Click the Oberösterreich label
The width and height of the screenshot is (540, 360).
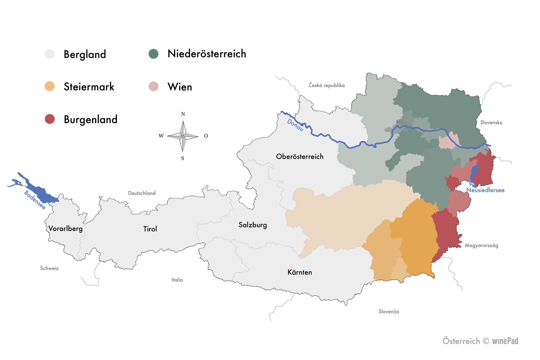[300, 157]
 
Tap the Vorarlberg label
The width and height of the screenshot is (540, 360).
[65, 229]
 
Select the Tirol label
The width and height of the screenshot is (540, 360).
[150, 229]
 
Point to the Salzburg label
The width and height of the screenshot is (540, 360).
[253, 225]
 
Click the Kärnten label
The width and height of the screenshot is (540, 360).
[300, 272]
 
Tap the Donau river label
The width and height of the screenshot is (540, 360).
[295, 125]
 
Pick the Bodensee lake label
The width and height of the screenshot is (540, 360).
[35, 200]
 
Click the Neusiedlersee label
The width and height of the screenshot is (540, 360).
[485, 190]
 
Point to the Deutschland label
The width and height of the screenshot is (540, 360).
[142, 193]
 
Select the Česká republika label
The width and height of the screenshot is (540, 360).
[327, 85]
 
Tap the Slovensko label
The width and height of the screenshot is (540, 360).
[491, 122]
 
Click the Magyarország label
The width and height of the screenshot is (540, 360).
[481, 245]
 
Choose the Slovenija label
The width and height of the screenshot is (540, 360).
[389, 311]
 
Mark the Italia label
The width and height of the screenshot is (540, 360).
[177, 280]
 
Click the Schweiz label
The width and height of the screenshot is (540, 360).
[49, 268]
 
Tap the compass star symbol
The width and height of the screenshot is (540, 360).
[183, 136]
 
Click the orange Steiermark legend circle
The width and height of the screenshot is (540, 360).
[50, 86]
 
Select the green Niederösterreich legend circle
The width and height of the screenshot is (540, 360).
[154, 54]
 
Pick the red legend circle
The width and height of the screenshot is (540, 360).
[50, 119]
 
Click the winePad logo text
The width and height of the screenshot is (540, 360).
[505, 341]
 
